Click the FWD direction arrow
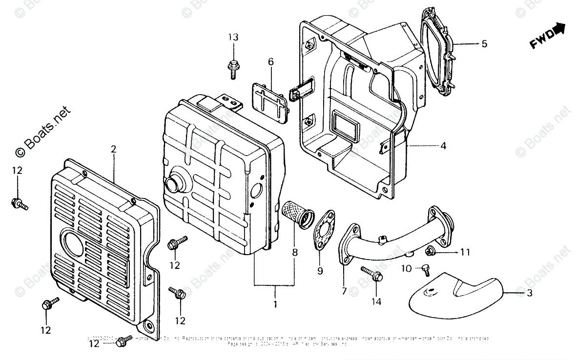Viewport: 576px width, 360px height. pyautogui.click(x=548, y=36)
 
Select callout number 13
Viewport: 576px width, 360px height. pyautogui.click(x=233, y=38)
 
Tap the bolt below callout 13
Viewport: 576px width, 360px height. pyautogui.click(x=233, y=68)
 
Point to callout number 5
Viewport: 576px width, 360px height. pyautogui.click(x=484, y=44)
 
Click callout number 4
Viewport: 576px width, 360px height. pyautogui.click(x=443, y=145)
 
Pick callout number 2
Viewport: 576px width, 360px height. pyautogui.click(x=113, y=149)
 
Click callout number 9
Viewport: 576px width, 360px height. pyautogui.click(x=320, y=271)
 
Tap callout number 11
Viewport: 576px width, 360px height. pyautogui.click(x=465, y=252)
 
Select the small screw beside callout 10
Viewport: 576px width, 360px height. pyautogui.click(x=425, y=267)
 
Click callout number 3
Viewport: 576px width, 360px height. pyautogui.click(x=529, y=293)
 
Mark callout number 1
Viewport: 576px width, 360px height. pyautogui.click(x=275, y=304)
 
